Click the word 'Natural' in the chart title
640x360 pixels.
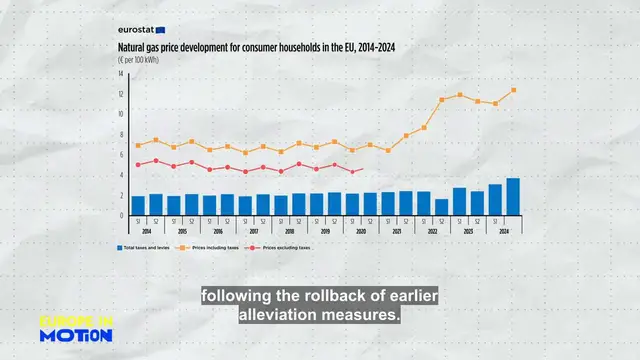pyautogui.click(x=134, y=47)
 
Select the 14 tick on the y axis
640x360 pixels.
pyautogui.click(x=120, y=74)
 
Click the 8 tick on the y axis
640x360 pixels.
pyautogui.click(x=120, y=134)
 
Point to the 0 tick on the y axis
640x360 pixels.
pyautogui.click(x=120, y=214)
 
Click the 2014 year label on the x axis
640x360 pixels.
pyautogui.click(x=147, y=231)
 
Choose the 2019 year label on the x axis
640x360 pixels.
pyautogui.click(x=325, y=231)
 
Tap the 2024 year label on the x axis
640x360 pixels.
pyautogui.click(x=504, y=231)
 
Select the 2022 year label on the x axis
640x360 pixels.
pyautogui.click(x=432, y=231)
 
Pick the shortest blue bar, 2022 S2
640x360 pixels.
pyautogui.click(x=441, y=206)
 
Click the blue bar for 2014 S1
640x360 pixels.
pyautogui.click(x=138, y=204)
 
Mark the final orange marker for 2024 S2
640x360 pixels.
pyautogui.click(x=513, y=90)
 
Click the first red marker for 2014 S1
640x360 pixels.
pyautogui.click(x=138, y=164)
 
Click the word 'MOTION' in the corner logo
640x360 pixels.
pyautogui.click(x=75, y=336)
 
